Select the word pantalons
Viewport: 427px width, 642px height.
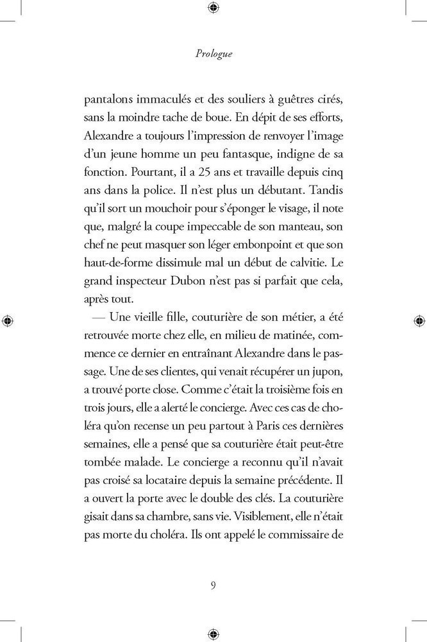(110, 101)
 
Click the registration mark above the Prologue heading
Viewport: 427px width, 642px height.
(213, 8)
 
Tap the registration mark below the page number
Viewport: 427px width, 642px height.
(213, 632)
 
